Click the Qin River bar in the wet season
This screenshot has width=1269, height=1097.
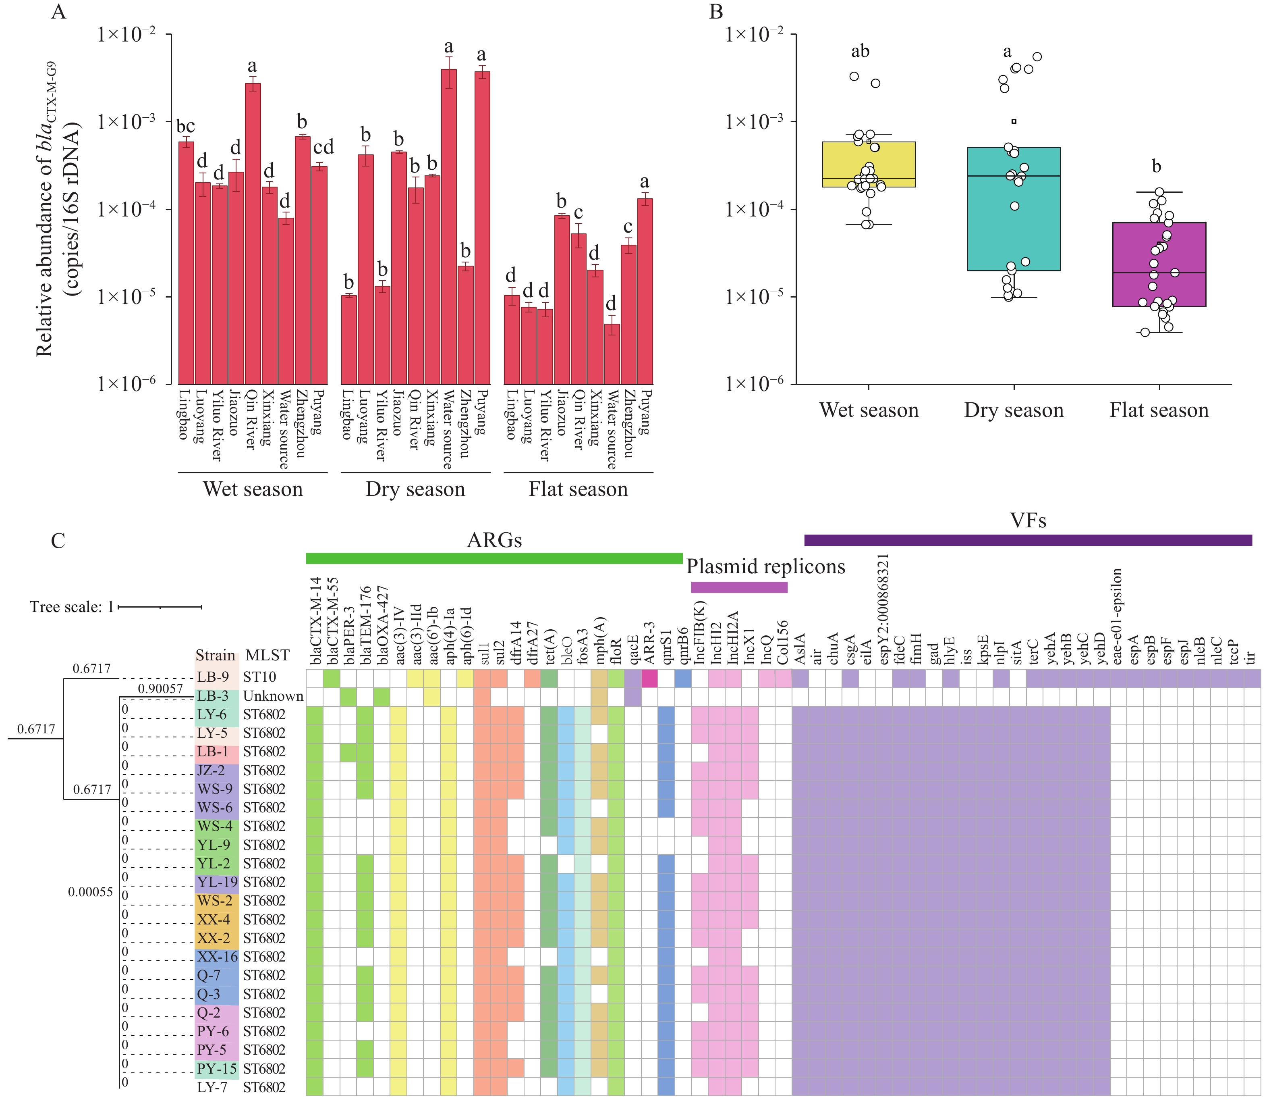(x=253, y=233)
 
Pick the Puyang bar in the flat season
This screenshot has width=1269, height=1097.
(x=645, y=291)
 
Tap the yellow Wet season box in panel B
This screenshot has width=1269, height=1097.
(x=869, y=164)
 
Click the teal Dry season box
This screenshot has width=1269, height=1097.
(x=1014, y=209)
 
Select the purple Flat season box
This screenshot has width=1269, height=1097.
(x=1159, y=264)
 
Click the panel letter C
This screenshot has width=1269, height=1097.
(x=58, y=541)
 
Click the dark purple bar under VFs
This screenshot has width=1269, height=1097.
(x=1028, y=540)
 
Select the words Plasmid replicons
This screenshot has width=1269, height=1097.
(x=765, y=566)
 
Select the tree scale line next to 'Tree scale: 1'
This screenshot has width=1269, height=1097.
(x=160, y=607)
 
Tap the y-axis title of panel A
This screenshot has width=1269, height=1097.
(x=58, y=208)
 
